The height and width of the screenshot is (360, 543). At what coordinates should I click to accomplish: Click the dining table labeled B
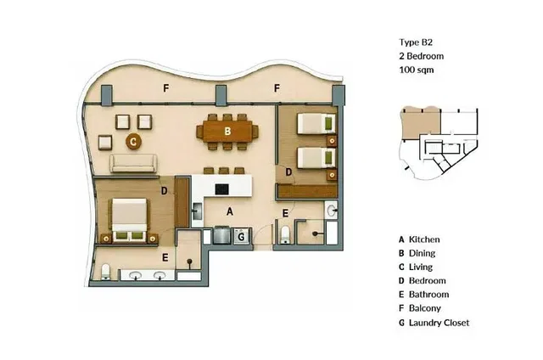[x=227, y=132]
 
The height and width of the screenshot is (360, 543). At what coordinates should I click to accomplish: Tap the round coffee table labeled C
[x=133, y=141]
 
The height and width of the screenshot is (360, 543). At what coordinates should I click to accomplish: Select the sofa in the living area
[x=133, y=163]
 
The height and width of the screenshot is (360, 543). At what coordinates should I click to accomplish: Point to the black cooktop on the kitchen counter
[x=221, y=189]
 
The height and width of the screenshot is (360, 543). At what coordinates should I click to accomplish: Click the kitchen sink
[x=198, y=211]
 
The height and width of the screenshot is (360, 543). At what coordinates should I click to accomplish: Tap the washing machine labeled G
[x=241, y=237]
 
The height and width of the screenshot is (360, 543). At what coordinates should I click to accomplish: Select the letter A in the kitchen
[x=230, y=211]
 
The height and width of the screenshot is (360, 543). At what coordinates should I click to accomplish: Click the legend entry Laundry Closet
[x=439, y=323]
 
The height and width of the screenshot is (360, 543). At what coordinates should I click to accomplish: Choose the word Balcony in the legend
[x=425, y=308]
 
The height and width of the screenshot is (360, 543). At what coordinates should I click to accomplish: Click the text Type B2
[x=416, y=42]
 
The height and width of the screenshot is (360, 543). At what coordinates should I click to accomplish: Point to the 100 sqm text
[x=417, y=70]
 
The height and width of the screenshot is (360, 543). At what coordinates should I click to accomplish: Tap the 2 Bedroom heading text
[x=422, y=56]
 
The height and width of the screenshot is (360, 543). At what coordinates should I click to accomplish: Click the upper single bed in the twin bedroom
[x=316, y=124]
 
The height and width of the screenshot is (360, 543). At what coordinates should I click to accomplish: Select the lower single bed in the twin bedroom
[x=316, y=158]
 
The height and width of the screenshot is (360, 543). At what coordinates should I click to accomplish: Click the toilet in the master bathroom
[x=105, y=272]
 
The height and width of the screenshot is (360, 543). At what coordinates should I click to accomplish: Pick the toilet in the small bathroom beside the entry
[x=285, y=235]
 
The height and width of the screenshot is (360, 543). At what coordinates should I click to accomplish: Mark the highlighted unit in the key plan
[x=421, y=123]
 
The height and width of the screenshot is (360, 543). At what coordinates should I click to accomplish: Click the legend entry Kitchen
[x=424, y=239]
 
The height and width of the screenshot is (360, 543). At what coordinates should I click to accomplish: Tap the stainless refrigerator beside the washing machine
[x=222, y=235]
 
